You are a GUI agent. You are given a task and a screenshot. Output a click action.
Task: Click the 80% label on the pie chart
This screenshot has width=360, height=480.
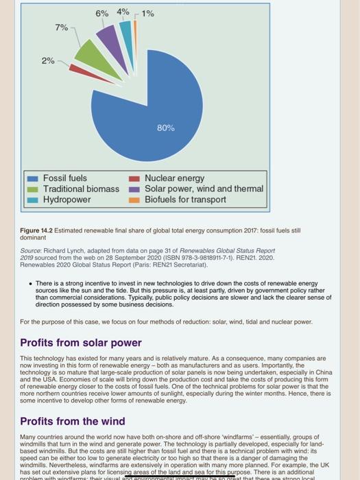click(x=166, y=128)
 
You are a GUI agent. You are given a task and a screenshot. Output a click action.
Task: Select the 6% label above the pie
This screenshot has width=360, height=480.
click(x=102, y=13)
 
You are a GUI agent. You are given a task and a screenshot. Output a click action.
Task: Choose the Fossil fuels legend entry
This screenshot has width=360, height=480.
click(x=65, y=178)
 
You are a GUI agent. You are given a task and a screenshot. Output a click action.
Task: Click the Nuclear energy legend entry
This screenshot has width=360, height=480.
click(x=174, y=178)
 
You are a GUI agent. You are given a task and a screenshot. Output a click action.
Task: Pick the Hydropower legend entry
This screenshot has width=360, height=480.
click(x=67, y=200)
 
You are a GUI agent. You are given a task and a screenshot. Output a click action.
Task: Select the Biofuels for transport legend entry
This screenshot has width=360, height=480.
click(x=185, y=200)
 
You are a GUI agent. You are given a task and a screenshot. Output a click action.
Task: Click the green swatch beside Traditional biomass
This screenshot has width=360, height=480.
click(x=32, y=189)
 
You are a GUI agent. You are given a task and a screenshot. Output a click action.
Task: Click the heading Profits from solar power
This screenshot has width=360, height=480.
click(x=80, y=342)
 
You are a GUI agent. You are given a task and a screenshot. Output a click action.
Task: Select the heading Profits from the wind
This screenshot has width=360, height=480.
click(x=72, y=421)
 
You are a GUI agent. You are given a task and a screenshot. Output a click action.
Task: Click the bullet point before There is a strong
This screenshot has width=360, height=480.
click(x=30, y=283)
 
